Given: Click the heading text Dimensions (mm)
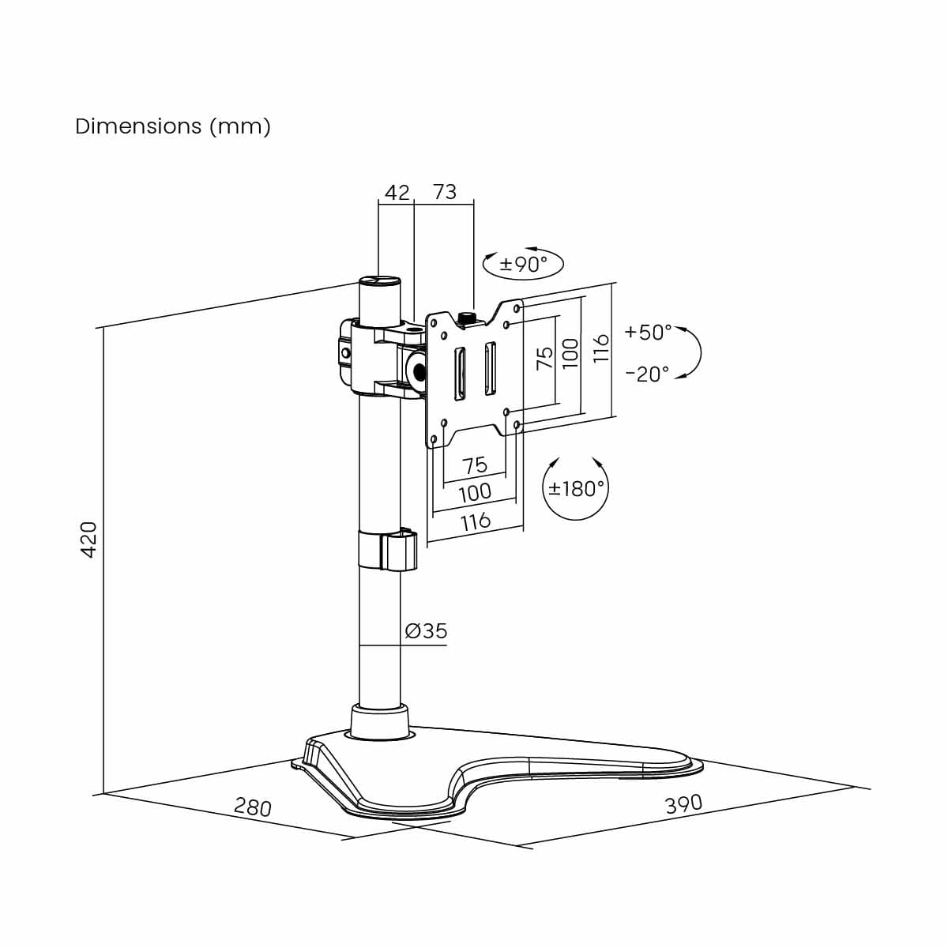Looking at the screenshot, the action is [173, 126].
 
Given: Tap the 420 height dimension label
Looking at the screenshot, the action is [88, 540].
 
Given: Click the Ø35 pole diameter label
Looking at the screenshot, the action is [426, 630].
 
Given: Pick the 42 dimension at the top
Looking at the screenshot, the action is [397, 192].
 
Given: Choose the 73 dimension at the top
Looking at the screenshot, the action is [445, 192].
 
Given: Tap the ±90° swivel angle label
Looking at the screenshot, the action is [524, 264].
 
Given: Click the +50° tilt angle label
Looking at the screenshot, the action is [648, 332].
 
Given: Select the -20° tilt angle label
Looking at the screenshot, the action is [647, 374].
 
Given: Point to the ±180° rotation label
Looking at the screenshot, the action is [577, 488].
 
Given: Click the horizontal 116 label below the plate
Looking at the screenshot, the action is [476, 521].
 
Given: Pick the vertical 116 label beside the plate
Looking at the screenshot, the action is [601, 348].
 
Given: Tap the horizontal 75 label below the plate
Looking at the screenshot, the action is [475, 465].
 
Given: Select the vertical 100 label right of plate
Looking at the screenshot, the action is [570, 353].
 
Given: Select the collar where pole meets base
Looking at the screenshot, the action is [379, 722].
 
